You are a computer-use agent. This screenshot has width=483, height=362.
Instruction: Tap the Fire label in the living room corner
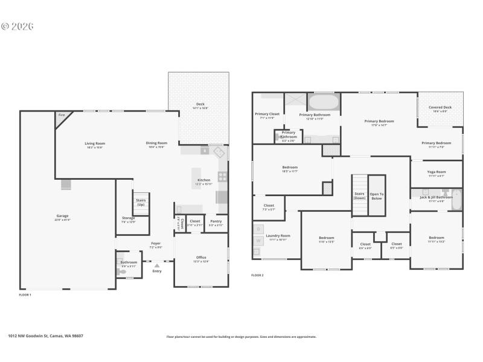tap(62, 115)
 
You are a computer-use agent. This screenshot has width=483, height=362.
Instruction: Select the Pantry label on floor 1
tap(216, 221)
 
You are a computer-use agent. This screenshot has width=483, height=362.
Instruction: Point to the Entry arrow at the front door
tap(157, 265)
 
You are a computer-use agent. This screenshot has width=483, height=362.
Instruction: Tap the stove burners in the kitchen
tap(222, 177)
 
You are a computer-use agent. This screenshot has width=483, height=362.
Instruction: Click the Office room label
tap(201, 258)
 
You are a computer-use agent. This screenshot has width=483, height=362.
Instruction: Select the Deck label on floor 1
tap(200, 104)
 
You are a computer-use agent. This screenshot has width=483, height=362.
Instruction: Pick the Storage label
tap(128, 218)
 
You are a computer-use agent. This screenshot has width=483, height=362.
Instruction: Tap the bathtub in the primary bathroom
tap(325, 101)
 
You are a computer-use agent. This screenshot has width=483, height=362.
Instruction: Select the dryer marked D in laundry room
tap(258, 229)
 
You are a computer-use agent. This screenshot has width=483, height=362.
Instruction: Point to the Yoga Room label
tap(436, 172)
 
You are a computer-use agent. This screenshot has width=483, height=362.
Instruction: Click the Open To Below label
tap(377, 195)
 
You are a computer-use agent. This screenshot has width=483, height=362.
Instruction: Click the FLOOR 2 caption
tap(258, 275)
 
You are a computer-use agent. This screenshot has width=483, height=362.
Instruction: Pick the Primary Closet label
tap(267, 114)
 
